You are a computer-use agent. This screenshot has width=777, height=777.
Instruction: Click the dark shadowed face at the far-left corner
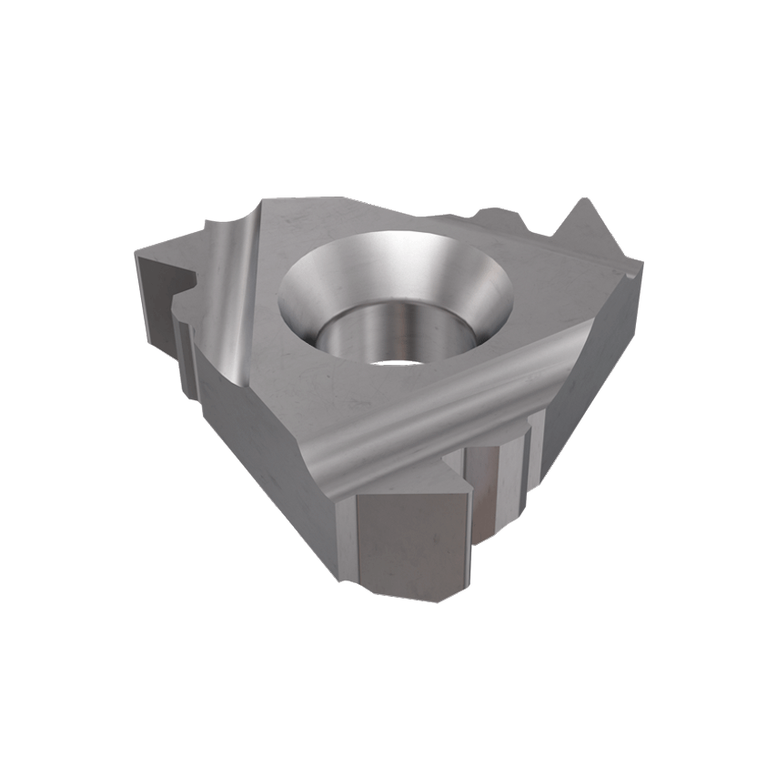pyautogui.click(x=155, y=273)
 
